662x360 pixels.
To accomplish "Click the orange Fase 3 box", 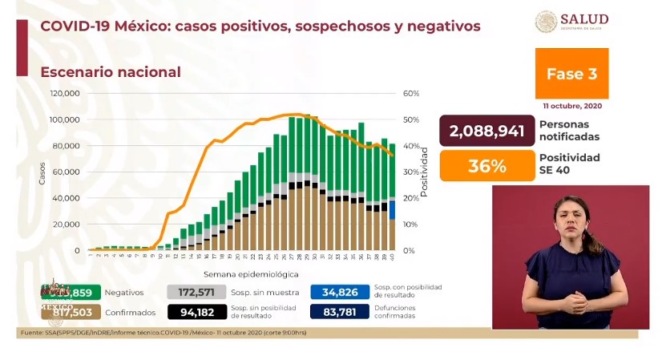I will [571, 74].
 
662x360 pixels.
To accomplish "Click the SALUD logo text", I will [583, 19].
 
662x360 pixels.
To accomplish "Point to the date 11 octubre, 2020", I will [571, 106].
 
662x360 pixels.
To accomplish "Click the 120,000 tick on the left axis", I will [65, 94].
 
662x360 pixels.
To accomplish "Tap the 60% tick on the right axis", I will [411, 94].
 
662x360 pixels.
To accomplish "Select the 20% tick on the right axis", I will [411, 198].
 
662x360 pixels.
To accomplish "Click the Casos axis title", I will [42, 172].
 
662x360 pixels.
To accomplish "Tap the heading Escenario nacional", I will [111, 72].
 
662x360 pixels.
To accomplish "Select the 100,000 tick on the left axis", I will [65, 119].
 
